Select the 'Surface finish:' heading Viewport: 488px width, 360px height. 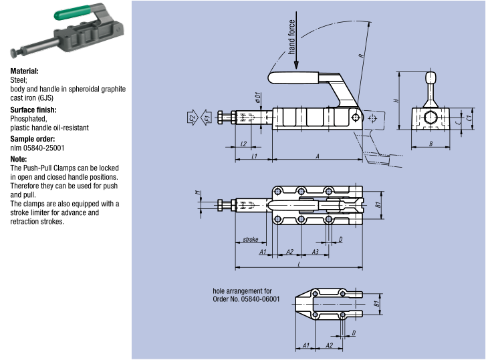tap(33, 110)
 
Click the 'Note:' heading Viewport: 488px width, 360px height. tap(18, 159)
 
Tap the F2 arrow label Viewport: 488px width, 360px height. tap(191, 119)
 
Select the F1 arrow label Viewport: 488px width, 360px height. tap(207, 119)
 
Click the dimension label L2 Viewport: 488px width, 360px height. tap(243, 144)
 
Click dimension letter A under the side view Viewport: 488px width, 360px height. tap(317, 156)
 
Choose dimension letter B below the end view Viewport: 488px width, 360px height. tap(431, 144)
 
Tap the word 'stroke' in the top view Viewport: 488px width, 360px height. tap(251, 238)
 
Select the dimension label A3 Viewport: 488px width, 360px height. tap(315, 251)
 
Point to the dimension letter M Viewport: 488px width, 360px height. tap(198, 194)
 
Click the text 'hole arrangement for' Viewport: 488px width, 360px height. tap(242, 291)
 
